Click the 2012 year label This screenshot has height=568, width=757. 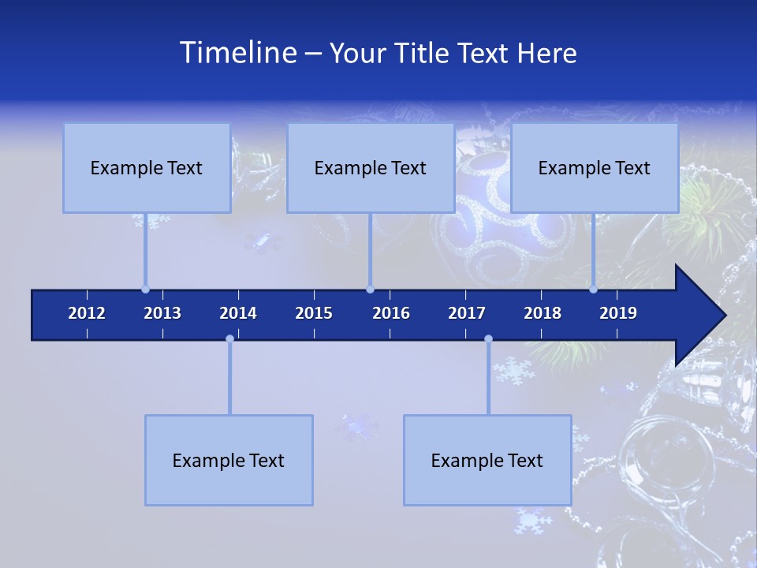click(87, 313)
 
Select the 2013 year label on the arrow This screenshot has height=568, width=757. click(162, 313)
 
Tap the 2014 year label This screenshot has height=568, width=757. click(238, 313)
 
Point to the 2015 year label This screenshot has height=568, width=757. click(314, 313)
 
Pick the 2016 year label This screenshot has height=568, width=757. click(391, 313)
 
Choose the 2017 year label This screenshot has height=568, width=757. click(467, 313)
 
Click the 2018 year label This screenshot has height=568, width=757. click(543, 313)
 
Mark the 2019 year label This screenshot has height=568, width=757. click(618, 313)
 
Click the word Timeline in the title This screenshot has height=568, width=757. click(237, 53)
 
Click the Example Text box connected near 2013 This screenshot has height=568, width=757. click(147, 168)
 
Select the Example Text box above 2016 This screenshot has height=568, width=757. click(371, 168)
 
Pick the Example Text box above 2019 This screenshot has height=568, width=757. click(595, 168)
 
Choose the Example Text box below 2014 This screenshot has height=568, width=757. click(229, 461)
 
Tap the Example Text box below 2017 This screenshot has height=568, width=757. click(487, 461)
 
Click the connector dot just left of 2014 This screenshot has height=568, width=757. click(229, 339)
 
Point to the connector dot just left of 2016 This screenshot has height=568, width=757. click(370, 290)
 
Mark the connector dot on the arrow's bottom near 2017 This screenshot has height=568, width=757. click(488, 339)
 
